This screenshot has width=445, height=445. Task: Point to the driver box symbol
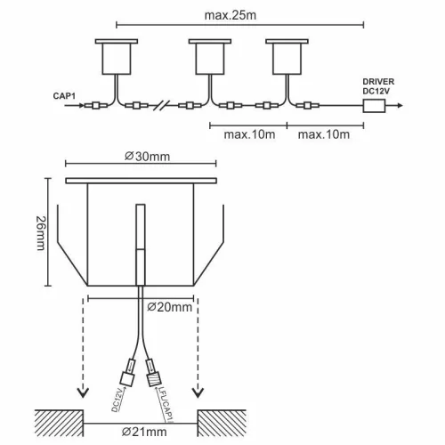[x=374, y=105]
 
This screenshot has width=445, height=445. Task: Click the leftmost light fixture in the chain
[x=118, y=57]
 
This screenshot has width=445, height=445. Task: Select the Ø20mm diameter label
[x=168, y=307]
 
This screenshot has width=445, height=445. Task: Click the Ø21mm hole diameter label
[x=144, y=433]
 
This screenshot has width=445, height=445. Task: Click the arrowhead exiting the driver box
[x=401, y=105]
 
